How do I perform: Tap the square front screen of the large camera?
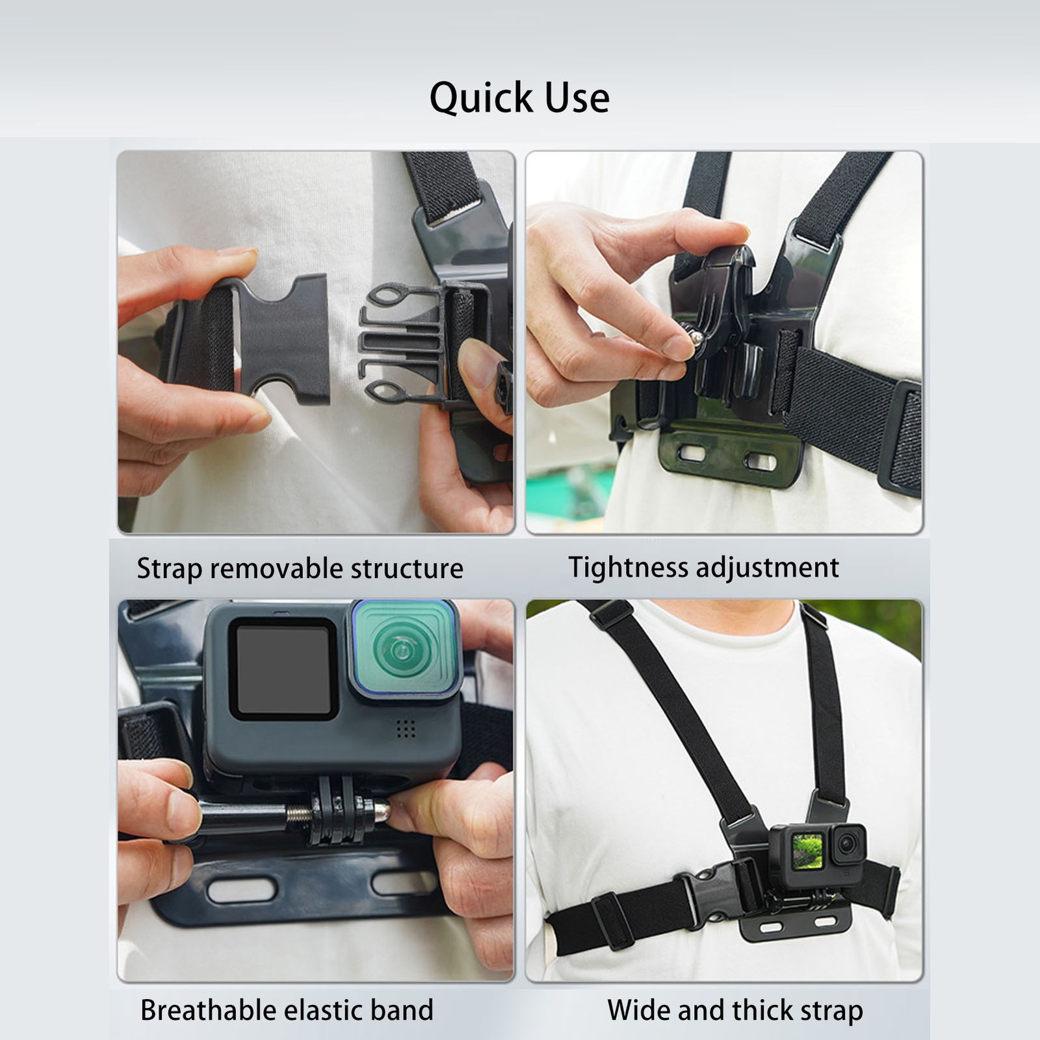click(x=283, y=669)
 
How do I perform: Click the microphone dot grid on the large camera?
click(x=406, y=729)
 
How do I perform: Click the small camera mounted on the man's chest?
click(x=818, y=854)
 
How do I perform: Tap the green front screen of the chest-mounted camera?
click(x=807, y=851)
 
